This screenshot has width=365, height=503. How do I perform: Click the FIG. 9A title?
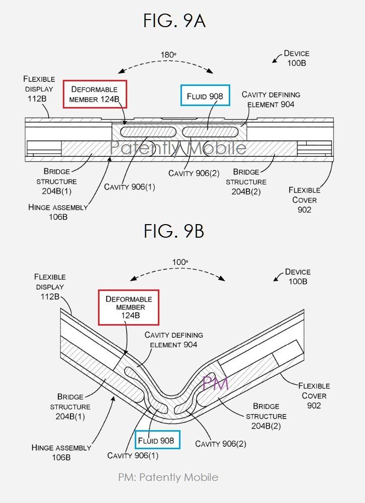tap(174, 21)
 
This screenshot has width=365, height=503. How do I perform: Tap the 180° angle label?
tap(168, 54)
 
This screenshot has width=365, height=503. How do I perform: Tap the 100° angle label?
tap(179, 262)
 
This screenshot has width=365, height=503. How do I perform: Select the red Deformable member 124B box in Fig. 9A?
tap(95, 94)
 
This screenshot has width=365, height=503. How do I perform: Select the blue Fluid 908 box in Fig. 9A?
tap(205, 95)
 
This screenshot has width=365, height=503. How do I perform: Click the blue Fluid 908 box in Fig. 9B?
tap(157, 441)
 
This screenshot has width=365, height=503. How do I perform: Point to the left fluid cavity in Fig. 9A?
tap(147, 132)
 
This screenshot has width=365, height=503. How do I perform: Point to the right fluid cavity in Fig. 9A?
tap(207, 132)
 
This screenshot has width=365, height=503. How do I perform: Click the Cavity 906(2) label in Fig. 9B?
tap(221, 444)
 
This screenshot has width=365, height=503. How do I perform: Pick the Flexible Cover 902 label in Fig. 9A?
tap(304, 199)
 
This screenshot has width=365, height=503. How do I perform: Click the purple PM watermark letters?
tap(215, 384)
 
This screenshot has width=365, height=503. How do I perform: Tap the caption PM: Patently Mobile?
tap(168, 477)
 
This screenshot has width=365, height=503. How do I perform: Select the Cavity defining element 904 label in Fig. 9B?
tap(173, 340)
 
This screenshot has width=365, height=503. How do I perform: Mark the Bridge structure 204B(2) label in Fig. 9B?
tap(266, 416)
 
